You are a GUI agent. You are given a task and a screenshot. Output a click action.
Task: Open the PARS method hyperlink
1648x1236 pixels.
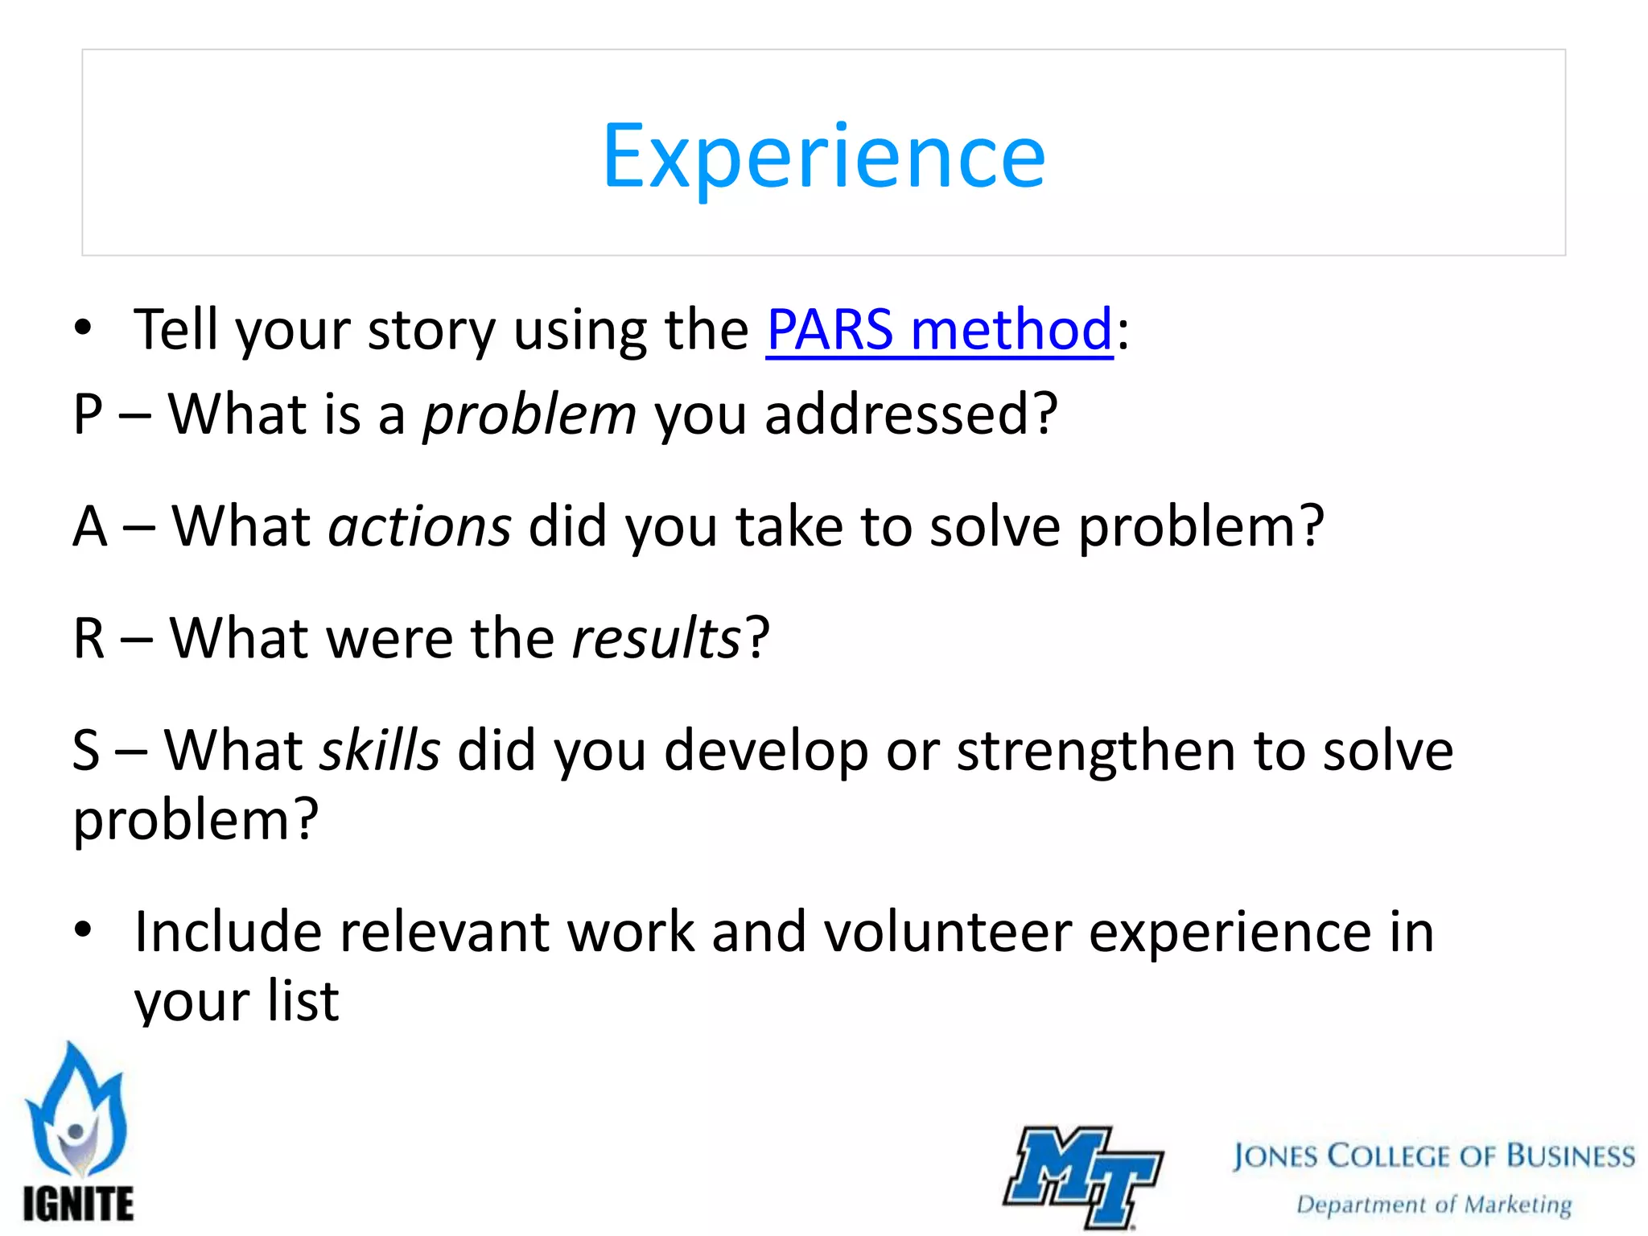939,329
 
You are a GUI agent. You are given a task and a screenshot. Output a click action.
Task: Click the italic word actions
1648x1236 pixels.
419,526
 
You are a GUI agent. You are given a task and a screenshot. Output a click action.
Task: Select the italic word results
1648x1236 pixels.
656,638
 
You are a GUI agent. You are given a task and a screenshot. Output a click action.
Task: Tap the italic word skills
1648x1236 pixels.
380,750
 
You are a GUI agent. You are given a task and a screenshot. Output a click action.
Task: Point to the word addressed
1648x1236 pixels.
900,414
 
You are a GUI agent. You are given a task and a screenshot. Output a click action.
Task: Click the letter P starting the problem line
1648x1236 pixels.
88,415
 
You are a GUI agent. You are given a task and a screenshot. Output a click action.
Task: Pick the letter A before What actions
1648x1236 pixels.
89,527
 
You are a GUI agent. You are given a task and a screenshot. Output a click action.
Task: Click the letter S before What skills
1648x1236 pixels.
86,751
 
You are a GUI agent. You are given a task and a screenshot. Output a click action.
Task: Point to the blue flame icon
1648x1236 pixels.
76,1110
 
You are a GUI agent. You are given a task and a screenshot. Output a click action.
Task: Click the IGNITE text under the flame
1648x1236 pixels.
78,1203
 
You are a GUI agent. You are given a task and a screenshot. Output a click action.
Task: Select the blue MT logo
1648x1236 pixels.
1082,1176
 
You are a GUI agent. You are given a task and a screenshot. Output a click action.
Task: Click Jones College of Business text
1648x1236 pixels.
1433,1156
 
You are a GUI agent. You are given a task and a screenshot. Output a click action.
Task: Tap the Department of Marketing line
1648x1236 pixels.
1433,1205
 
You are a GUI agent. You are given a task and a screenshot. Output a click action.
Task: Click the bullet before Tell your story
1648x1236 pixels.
83,328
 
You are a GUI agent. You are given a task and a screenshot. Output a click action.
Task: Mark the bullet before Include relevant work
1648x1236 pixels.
83,931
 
